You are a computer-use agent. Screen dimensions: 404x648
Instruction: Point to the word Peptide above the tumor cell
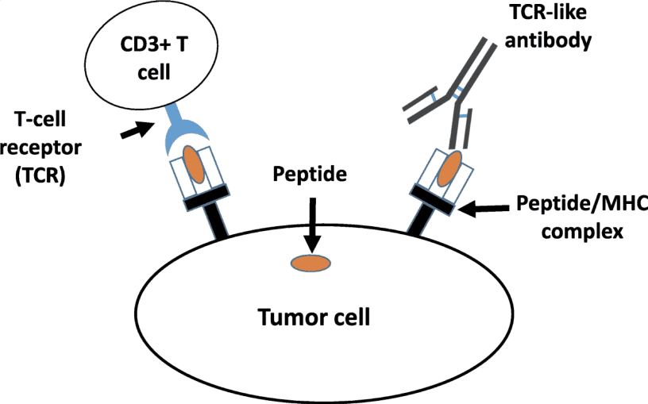(x=309, y=174)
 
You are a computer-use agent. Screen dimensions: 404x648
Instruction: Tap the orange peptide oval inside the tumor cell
(x=310, y=263)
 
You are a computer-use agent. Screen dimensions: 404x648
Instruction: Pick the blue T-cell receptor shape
(x=183, y=133)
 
